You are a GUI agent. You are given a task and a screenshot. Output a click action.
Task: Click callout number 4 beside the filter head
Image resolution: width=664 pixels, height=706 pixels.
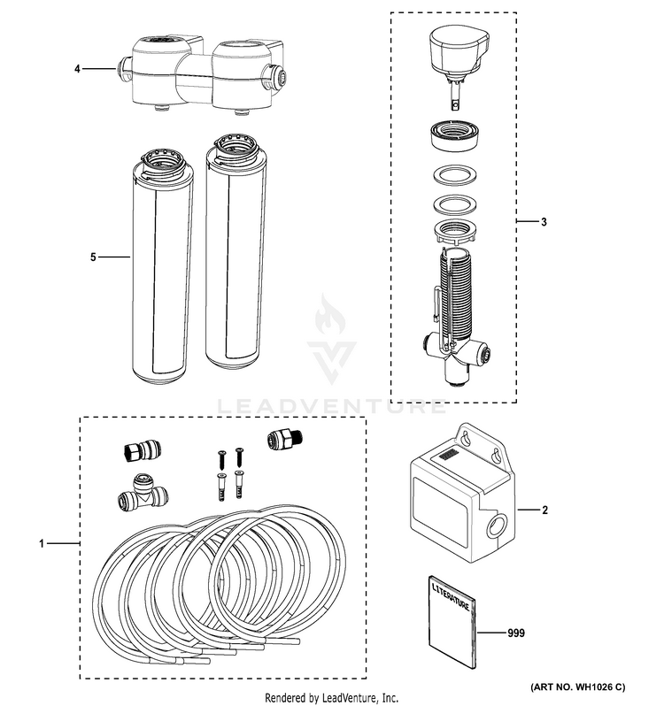[77, 67]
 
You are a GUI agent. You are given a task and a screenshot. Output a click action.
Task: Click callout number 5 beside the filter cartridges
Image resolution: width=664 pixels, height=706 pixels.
[93, 257]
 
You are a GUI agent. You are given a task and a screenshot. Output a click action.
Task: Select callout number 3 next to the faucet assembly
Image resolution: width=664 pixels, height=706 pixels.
[544, 220]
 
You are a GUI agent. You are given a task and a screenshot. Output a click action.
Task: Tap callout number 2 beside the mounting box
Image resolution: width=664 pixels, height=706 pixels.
[545, 510]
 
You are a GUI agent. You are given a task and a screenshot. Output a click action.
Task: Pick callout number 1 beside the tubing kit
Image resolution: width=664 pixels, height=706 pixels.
[41, 542]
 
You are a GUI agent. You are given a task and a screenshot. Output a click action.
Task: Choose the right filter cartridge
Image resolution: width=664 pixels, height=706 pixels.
[232, 252]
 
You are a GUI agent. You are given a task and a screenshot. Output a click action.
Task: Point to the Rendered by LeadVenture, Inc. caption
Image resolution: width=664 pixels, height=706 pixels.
[332, 697]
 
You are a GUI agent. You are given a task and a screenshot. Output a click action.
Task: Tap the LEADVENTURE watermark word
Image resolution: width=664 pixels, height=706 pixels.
[333, 408]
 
